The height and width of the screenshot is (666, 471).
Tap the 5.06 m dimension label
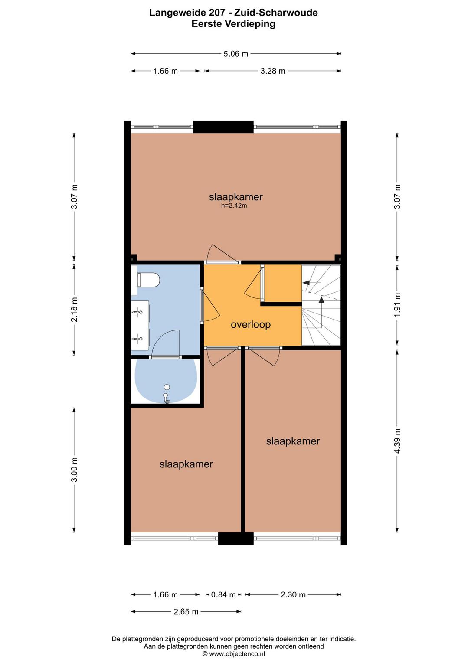click(x=235, y=54)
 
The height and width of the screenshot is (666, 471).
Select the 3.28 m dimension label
click(x=273, y=71)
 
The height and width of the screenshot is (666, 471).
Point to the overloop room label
click(x=251, y=324)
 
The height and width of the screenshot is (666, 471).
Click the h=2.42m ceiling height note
click(x=234, y=206)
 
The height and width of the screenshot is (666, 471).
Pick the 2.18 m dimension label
click(x=74, y=309)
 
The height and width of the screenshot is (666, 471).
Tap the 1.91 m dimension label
click(x=397, y=305)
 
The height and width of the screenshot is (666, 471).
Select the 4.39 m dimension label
click(x=397, y=441)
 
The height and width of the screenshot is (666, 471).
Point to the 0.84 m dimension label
click(x=223, y=594)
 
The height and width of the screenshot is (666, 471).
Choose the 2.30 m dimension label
click(x=293, y=594)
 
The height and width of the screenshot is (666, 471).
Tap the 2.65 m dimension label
click(x=186, y=612)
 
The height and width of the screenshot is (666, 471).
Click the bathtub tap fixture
click(x=166, y=398)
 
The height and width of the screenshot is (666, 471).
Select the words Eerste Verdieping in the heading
click(x=233, y=24)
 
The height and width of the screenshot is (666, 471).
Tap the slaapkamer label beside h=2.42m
click(x=236, y=197)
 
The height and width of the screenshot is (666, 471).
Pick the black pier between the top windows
click(x=223, y=127)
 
